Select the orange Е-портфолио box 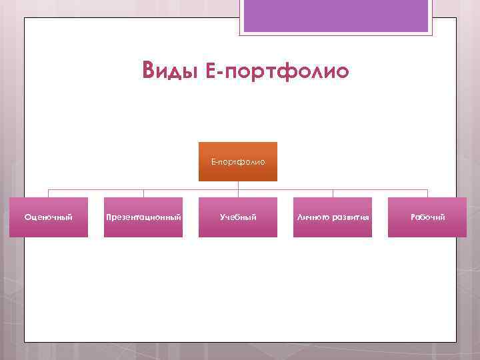click(x=238, y=161)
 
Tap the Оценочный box click(x=48, y=217)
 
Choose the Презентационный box click(x=143, y=217)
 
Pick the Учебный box click(x=238, y=217)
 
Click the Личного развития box click(x=333, y=217)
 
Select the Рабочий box click(x=428, y=217)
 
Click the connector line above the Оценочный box click(x=48, y=193)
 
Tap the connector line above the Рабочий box click(x=428, y=193)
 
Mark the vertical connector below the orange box click(x=238, y=185)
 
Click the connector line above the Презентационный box click(x=143, y=193)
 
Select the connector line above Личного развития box click(x=333, y=193)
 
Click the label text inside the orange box click(x=238, y=161)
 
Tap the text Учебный click(x=238, y=217)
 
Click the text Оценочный click(x=48, y=217)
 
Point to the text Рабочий click(x=428, y=217)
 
